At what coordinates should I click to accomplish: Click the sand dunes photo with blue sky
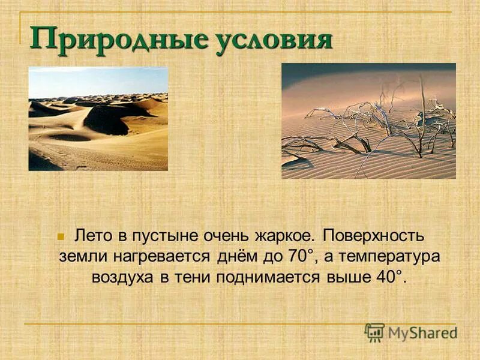click(x=98, y=118)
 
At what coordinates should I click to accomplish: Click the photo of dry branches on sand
click(x=368, y=121)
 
